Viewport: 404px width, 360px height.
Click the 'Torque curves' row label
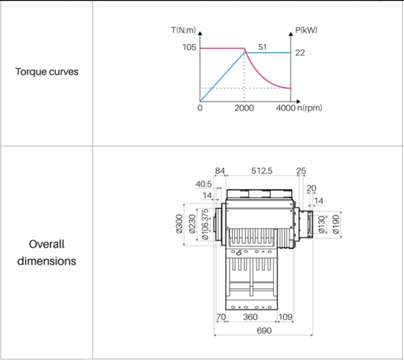click(x=47, y=72)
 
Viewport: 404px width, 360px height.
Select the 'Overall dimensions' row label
click(x=47, y=253)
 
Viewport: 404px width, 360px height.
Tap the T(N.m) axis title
click(x=184, y=30)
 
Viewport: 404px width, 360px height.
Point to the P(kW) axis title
click(x=306, y=30)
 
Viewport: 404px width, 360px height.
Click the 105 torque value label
click(x=189, y=47)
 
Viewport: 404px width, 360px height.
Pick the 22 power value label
click(x=300, y=53)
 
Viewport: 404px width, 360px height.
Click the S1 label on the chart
click(x=262, y=47)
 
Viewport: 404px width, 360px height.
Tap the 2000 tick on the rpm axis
click(x=244, y=108)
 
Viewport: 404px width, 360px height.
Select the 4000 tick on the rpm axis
click(x=285, y=108)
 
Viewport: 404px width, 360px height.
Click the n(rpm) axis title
click(x=310, y=108)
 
